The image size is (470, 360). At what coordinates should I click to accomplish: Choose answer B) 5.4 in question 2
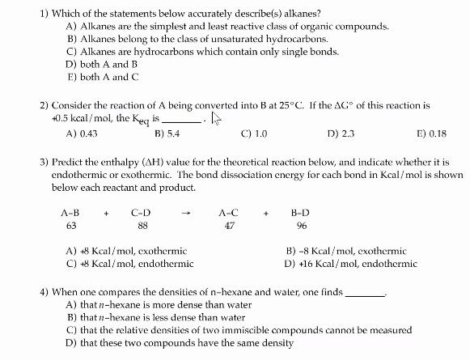click(x=167, y=133)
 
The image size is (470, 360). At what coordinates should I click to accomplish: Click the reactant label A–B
click(x=70, y=213)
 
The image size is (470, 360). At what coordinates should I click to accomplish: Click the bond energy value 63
click(x=70, y=227)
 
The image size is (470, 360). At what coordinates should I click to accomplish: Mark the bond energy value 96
click(x=301, y=227)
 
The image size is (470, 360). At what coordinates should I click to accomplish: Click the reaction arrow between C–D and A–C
click(x=185, y=214)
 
